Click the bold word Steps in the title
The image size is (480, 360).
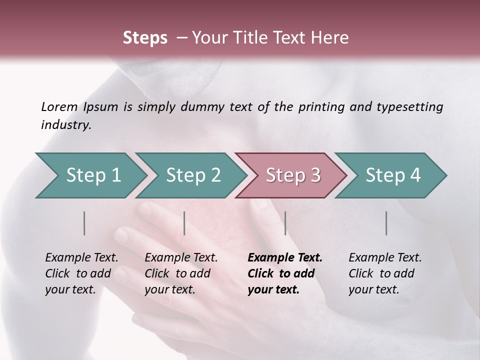(x=145, y=38)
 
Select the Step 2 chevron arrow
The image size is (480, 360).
(x=192, y=175)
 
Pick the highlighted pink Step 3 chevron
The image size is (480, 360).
(x=292, y=175)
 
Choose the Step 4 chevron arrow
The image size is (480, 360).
(x=392, y=175)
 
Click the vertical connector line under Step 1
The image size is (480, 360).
(x=84, y=223)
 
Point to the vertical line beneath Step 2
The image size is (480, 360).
(x=184, y=223)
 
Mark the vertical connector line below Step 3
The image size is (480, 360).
(x=285, y=223)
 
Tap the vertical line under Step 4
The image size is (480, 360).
(x=386, y=223)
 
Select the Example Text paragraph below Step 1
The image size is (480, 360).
(x=81, y=273)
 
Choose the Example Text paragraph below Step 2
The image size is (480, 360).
(x=181, y=273)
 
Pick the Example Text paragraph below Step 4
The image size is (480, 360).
(x=385, y=273)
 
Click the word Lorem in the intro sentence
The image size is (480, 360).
(x=59, y=106)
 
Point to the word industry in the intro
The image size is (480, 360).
(x=65, y=125)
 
